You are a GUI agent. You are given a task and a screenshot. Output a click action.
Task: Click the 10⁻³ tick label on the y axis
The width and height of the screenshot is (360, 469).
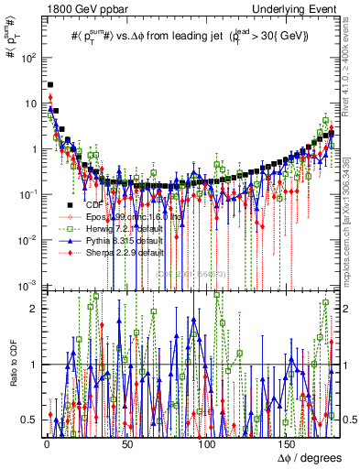coord(27,286)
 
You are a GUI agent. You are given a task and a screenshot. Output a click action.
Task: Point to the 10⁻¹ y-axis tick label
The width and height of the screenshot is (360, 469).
coord(27,194)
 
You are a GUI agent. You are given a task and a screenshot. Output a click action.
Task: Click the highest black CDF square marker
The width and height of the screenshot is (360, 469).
coord(50,84)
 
